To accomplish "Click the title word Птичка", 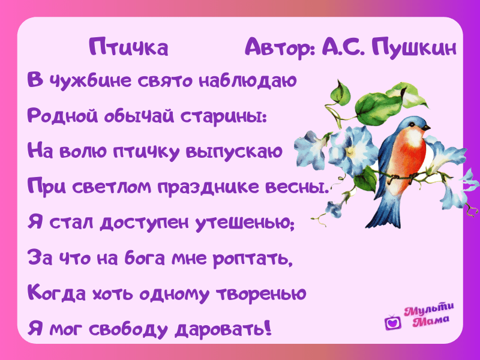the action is [128, 47].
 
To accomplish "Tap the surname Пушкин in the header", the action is [414, 47].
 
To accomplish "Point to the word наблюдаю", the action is [248, 80].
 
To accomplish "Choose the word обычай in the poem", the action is [139, 116].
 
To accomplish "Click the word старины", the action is [223, 116].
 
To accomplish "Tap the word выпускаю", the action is [234, 152].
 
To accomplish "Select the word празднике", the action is [208, 187].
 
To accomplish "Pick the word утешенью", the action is [245, 223].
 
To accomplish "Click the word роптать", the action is [253, 259].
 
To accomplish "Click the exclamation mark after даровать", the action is [268, 327].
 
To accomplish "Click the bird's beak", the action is [427, 127].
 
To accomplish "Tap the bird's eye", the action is [413, 124].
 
